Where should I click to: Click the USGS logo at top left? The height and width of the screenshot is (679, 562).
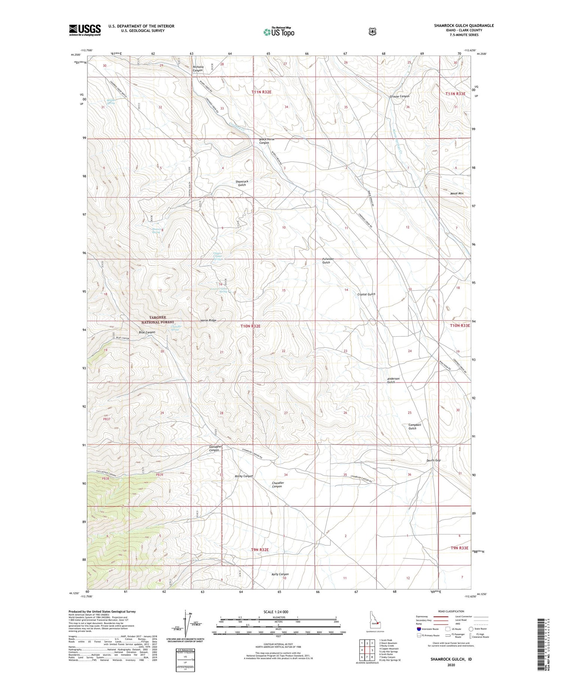coord(85,30)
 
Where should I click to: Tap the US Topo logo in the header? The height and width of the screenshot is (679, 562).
coord(279,32)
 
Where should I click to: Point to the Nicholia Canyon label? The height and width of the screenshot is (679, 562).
coord(197,69)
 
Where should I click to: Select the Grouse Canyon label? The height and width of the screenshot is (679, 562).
coord(399,96)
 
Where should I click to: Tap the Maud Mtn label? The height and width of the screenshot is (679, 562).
coord(457,194)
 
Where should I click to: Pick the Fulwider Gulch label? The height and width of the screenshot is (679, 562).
coord(326,261)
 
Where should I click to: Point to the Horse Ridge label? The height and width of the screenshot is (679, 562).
coord(208,321)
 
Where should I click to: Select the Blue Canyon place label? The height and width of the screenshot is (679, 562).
coord(147,332)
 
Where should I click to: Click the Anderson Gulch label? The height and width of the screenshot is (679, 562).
coord(393,380)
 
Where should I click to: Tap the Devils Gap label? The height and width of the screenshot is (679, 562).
coord(433,460)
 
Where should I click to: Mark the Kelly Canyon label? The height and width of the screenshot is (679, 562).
coord(280,574)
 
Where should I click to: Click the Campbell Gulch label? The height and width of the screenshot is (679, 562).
coord(415,427)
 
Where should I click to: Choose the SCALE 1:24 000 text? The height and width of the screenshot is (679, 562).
coord(279,612)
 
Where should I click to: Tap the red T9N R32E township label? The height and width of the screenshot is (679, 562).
coord(260,549)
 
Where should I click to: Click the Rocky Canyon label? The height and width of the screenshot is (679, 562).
coord(244,476)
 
